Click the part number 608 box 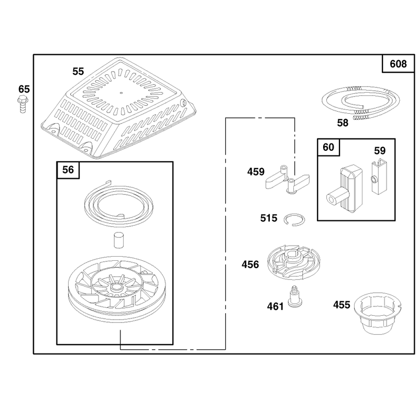click(x=398, y=63)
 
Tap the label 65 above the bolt click(x=24, y=89)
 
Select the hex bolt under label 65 click(x=23, y=104)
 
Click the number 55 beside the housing click(x=78, y=71)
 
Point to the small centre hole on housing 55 click(x=121, y=93)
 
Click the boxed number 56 click(x=68, y=170)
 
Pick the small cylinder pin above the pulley click(x=118, y=240)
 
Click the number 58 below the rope click(x=343, y=123)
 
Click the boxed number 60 click(x=328, y=147)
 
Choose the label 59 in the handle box click(x=380, y=151)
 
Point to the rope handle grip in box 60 click(x=345, y=189)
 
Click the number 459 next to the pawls click(x=256, y=172)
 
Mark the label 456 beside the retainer click(x=250, y=264)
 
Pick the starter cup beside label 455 click(x=378, y=313)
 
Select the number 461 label click(x=275, y=306)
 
